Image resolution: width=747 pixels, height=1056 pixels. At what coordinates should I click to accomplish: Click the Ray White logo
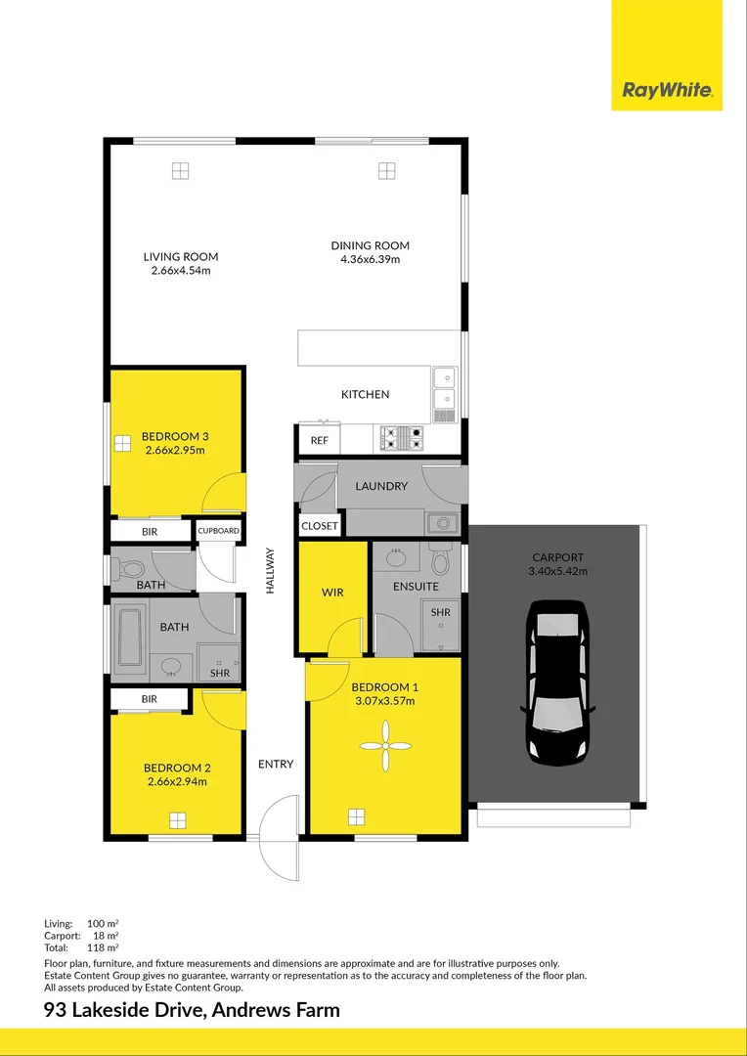coord(667,92)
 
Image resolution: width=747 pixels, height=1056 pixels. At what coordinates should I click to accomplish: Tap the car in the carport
coord(558,683)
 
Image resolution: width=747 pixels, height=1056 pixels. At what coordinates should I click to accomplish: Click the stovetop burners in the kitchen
coord(401,438)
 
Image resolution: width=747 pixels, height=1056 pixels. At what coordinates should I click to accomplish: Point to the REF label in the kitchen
coord(319,441)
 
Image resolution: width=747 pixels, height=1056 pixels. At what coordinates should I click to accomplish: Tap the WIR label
coord(332,593)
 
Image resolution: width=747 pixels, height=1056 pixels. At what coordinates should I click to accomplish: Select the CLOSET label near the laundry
coord(319,526)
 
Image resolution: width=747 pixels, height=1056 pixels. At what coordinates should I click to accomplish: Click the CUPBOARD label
coord(218,531)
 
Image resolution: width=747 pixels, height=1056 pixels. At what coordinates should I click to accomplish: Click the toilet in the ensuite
coord(440,560)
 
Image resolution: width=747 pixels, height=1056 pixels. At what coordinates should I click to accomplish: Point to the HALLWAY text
coord(270,570)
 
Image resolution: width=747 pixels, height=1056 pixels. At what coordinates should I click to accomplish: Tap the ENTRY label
coord(276,764)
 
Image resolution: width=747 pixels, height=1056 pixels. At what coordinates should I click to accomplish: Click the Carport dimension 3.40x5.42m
coord(558,571)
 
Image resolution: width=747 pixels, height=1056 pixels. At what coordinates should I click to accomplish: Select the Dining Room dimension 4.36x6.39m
coord(370,259)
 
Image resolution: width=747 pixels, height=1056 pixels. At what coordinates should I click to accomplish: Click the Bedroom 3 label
coord(176,436)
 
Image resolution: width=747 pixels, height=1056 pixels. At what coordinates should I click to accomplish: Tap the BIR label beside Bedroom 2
coord(150,699)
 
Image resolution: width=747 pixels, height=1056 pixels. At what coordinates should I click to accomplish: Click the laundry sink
coord(441,522)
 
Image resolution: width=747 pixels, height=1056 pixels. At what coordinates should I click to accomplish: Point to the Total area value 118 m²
coord(105,947)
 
